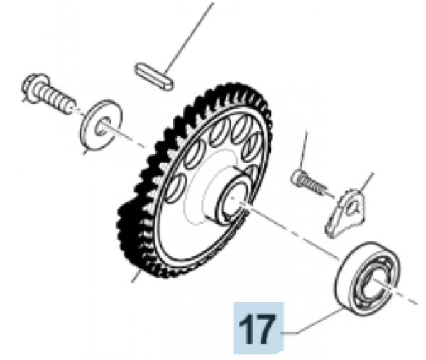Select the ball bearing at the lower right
pyautogui.click(x=367, y=278)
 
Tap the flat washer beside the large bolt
pyautogui.click(x=101, y=125)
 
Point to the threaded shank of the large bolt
pyautogui.click(x=58, y=99)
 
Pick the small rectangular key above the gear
pyautogui.click(x=153, y=77)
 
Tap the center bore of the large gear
pyautogui.click(x=230, y=199)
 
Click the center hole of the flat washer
pyautogui.click(x=102, y=126)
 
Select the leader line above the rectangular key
pyautogui.click(x=190, y=38)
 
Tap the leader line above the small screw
pyautogui.click(x=303, y=150)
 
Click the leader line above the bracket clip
pyautogui.click(x=367, y=182)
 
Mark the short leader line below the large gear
pyautogui.click(x=136, y=276)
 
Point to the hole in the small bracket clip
pyautogui.click(x=352, y=207)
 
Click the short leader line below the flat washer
pyautogui.click(x=85, y=151)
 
